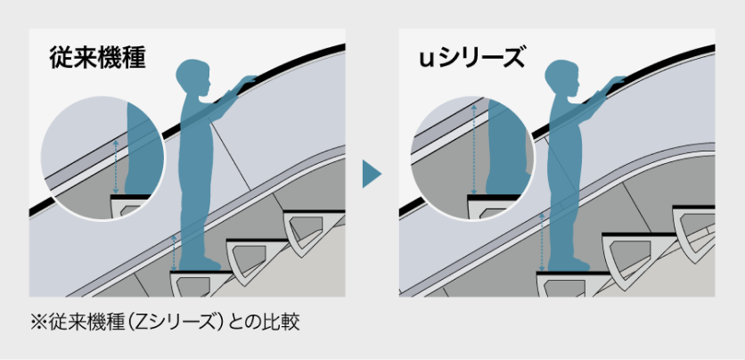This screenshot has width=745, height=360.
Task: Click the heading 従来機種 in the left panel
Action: [97, 58]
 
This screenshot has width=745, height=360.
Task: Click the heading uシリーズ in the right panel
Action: [471, 58]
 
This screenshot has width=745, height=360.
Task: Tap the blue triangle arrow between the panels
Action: [372, 174]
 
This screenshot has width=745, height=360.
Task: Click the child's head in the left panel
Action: [192, 78]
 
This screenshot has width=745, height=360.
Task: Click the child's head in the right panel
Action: [561, 78]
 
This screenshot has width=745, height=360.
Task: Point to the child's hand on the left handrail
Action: [248, 81]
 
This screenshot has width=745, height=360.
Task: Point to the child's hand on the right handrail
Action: [617, 81]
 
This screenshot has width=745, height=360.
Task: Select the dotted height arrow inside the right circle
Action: [473, 150]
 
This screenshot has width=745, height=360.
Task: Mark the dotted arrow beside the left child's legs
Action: [175, 252]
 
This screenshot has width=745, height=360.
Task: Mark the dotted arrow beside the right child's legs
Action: [543, 241]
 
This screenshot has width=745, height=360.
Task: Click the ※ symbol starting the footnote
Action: [37, 323]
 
